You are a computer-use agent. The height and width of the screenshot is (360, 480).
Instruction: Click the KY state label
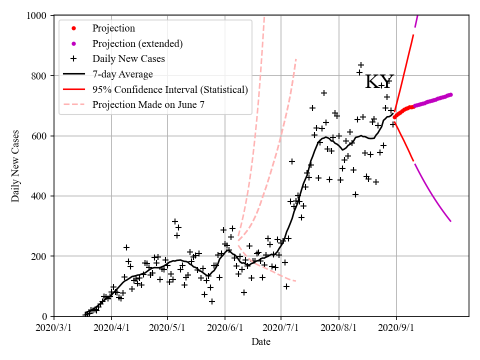click(379, 82)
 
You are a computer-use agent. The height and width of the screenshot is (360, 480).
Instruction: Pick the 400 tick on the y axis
click(40, 196)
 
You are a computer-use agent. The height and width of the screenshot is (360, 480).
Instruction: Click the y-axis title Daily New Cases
click(15, 166)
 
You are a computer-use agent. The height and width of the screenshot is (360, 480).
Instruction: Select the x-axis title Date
click(261, 342)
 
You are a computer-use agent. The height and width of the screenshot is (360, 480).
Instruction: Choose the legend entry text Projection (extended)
click(137, 43)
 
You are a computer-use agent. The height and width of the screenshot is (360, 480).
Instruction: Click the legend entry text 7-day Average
click(122, 74)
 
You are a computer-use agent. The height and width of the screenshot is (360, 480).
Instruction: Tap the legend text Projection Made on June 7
click(148, 105)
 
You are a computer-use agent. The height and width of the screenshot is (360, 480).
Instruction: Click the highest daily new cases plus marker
click(361, 65)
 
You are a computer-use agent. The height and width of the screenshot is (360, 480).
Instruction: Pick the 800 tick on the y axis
click(40, 76)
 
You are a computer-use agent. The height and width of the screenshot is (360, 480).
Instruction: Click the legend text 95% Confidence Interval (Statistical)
click(170, 90)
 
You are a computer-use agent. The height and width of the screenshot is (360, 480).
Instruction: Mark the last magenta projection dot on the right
click(450, 94)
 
